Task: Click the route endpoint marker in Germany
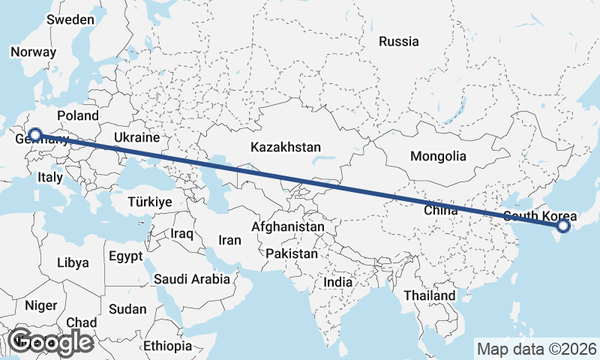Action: coord(34,135)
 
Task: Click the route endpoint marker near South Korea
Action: coord(563,225)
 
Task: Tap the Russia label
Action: coord(398,42)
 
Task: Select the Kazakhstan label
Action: coord(286,146)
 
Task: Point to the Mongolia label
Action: coord(438,157)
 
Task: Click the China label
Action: coord(440,211)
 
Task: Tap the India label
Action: coord(337,283)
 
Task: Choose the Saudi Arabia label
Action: coord(192,279)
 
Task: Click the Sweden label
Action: coord(70,20)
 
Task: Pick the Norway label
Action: coord(33,52)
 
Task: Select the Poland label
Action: coord(77,115)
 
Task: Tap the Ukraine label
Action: coord(137,137)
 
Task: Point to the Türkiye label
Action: coord(150,202)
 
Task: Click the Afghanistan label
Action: coord(288,226)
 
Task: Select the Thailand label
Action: coord(429,295)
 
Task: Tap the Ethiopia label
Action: coord(168,346)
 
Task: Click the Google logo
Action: coord(52,342)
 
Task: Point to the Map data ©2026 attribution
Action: coord(536,349)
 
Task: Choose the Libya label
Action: coord(73,262)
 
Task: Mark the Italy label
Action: coord(50,178)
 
